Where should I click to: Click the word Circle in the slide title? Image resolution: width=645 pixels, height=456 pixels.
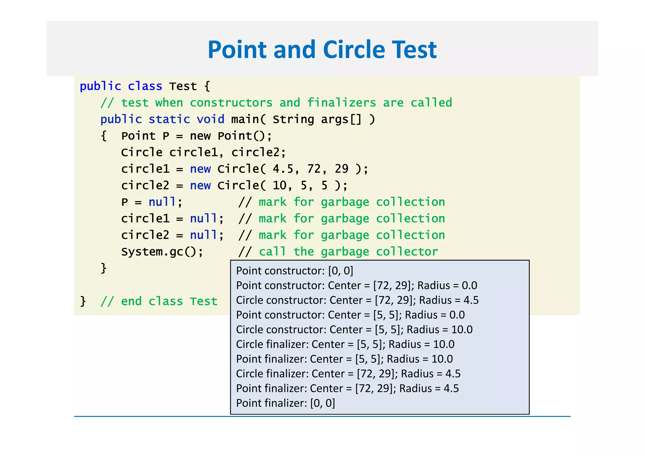354,50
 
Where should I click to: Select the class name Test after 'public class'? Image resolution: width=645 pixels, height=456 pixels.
183,86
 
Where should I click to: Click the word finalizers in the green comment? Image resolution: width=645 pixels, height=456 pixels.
341,103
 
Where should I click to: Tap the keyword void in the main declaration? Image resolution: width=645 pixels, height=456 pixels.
210,119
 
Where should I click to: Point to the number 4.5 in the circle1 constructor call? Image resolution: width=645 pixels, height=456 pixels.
283,169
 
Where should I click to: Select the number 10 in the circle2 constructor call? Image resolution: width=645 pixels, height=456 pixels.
279,185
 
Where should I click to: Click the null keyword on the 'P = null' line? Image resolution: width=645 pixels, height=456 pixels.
162,202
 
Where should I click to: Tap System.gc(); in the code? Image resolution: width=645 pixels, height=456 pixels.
162,252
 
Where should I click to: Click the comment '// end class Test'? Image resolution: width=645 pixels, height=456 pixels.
159,301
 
